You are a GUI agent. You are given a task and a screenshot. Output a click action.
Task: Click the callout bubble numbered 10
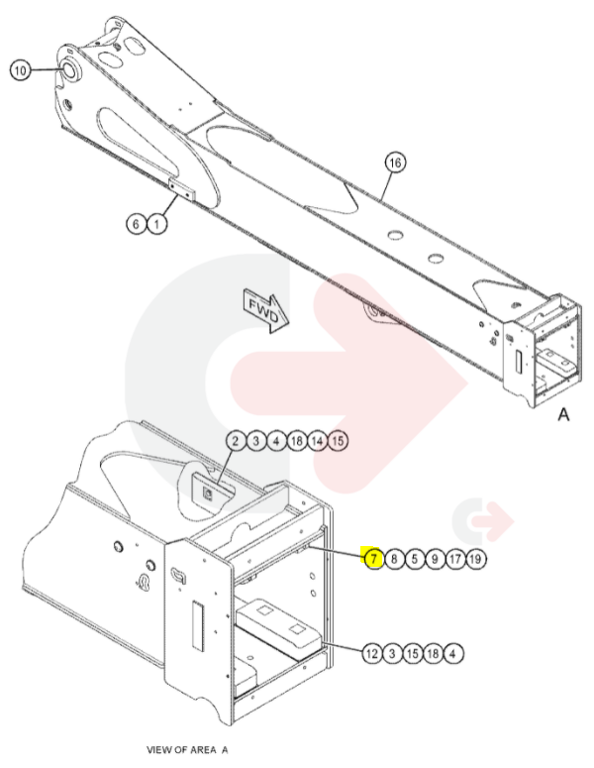coord(20,71)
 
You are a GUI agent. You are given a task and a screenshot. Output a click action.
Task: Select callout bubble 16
coord(395,163)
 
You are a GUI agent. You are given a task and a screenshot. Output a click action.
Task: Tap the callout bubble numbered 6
coord(136,224)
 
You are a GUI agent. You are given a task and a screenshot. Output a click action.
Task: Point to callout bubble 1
coord(156,224)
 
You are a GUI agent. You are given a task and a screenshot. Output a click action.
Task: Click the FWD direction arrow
coord(265,312)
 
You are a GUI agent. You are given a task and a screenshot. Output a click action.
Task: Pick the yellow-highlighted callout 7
coord(373,558)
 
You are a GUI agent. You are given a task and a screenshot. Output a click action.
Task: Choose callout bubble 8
coord(394,558)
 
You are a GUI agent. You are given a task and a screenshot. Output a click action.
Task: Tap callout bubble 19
coord(475,558)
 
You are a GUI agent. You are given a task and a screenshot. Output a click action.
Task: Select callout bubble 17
coord(455,558)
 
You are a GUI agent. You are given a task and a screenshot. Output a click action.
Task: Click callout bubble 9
coord(435,558)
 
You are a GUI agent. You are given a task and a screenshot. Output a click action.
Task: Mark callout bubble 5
coord(415,558)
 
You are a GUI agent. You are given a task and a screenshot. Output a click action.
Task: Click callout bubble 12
coord(372,653)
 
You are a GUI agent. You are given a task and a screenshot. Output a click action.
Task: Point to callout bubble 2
coord(236,441)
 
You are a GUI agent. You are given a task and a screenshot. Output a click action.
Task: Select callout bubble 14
coord(317,441)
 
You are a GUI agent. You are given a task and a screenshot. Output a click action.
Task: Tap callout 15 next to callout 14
coord(338,441)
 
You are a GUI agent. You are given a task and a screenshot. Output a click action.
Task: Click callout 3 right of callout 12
coord(392,653)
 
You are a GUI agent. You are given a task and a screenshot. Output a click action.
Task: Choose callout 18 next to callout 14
coord(297,441)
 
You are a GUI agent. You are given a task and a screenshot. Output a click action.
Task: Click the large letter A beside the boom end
coord(563,415)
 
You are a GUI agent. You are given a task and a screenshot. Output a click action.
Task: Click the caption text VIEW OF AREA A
coord(187,750)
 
